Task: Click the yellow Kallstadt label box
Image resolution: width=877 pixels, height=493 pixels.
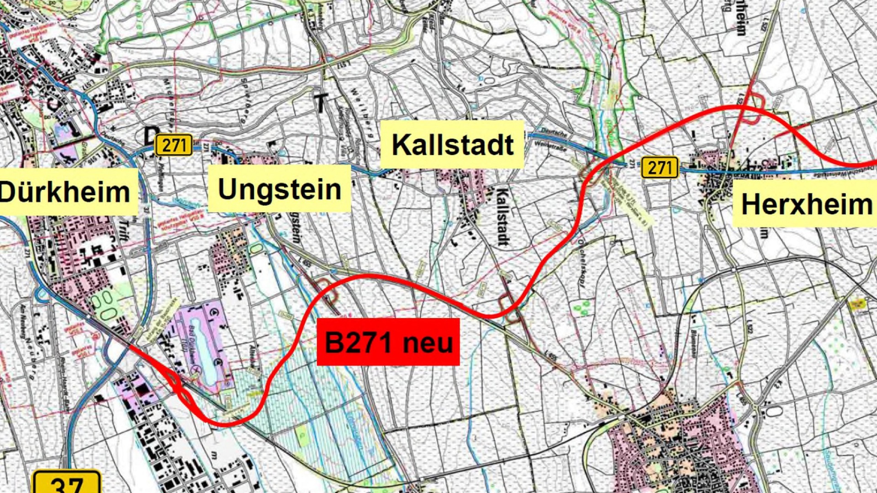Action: click(452, 144)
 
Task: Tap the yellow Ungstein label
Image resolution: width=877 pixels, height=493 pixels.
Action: click(279, 189)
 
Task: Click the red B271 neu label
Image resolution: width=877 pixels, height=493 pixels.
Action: click(388, 342)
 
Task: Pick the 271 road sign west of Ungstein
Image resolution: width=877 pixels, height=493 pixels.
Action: click(174, 145)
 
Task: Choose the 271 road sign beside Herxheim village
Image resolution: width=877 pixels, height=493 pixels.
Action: click(660, 168)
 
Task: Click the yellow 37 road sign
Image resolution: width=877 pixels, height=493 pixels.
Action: click(67, 483)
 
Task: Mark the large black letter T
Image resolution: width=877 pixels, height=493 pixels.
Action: click(321, 103)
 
